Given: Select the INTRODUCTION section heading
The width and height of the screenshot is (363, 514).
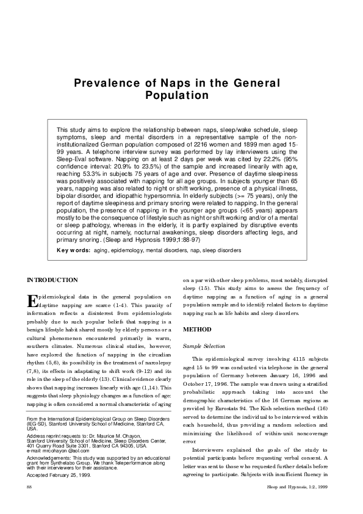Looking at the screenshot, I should (52, 280).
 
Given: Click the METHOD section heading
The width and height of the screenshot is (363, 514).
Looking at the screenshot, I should (198, 329).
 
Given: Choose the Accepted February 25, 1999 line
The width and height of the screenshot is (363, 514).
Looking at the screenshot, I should (60, 473).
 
